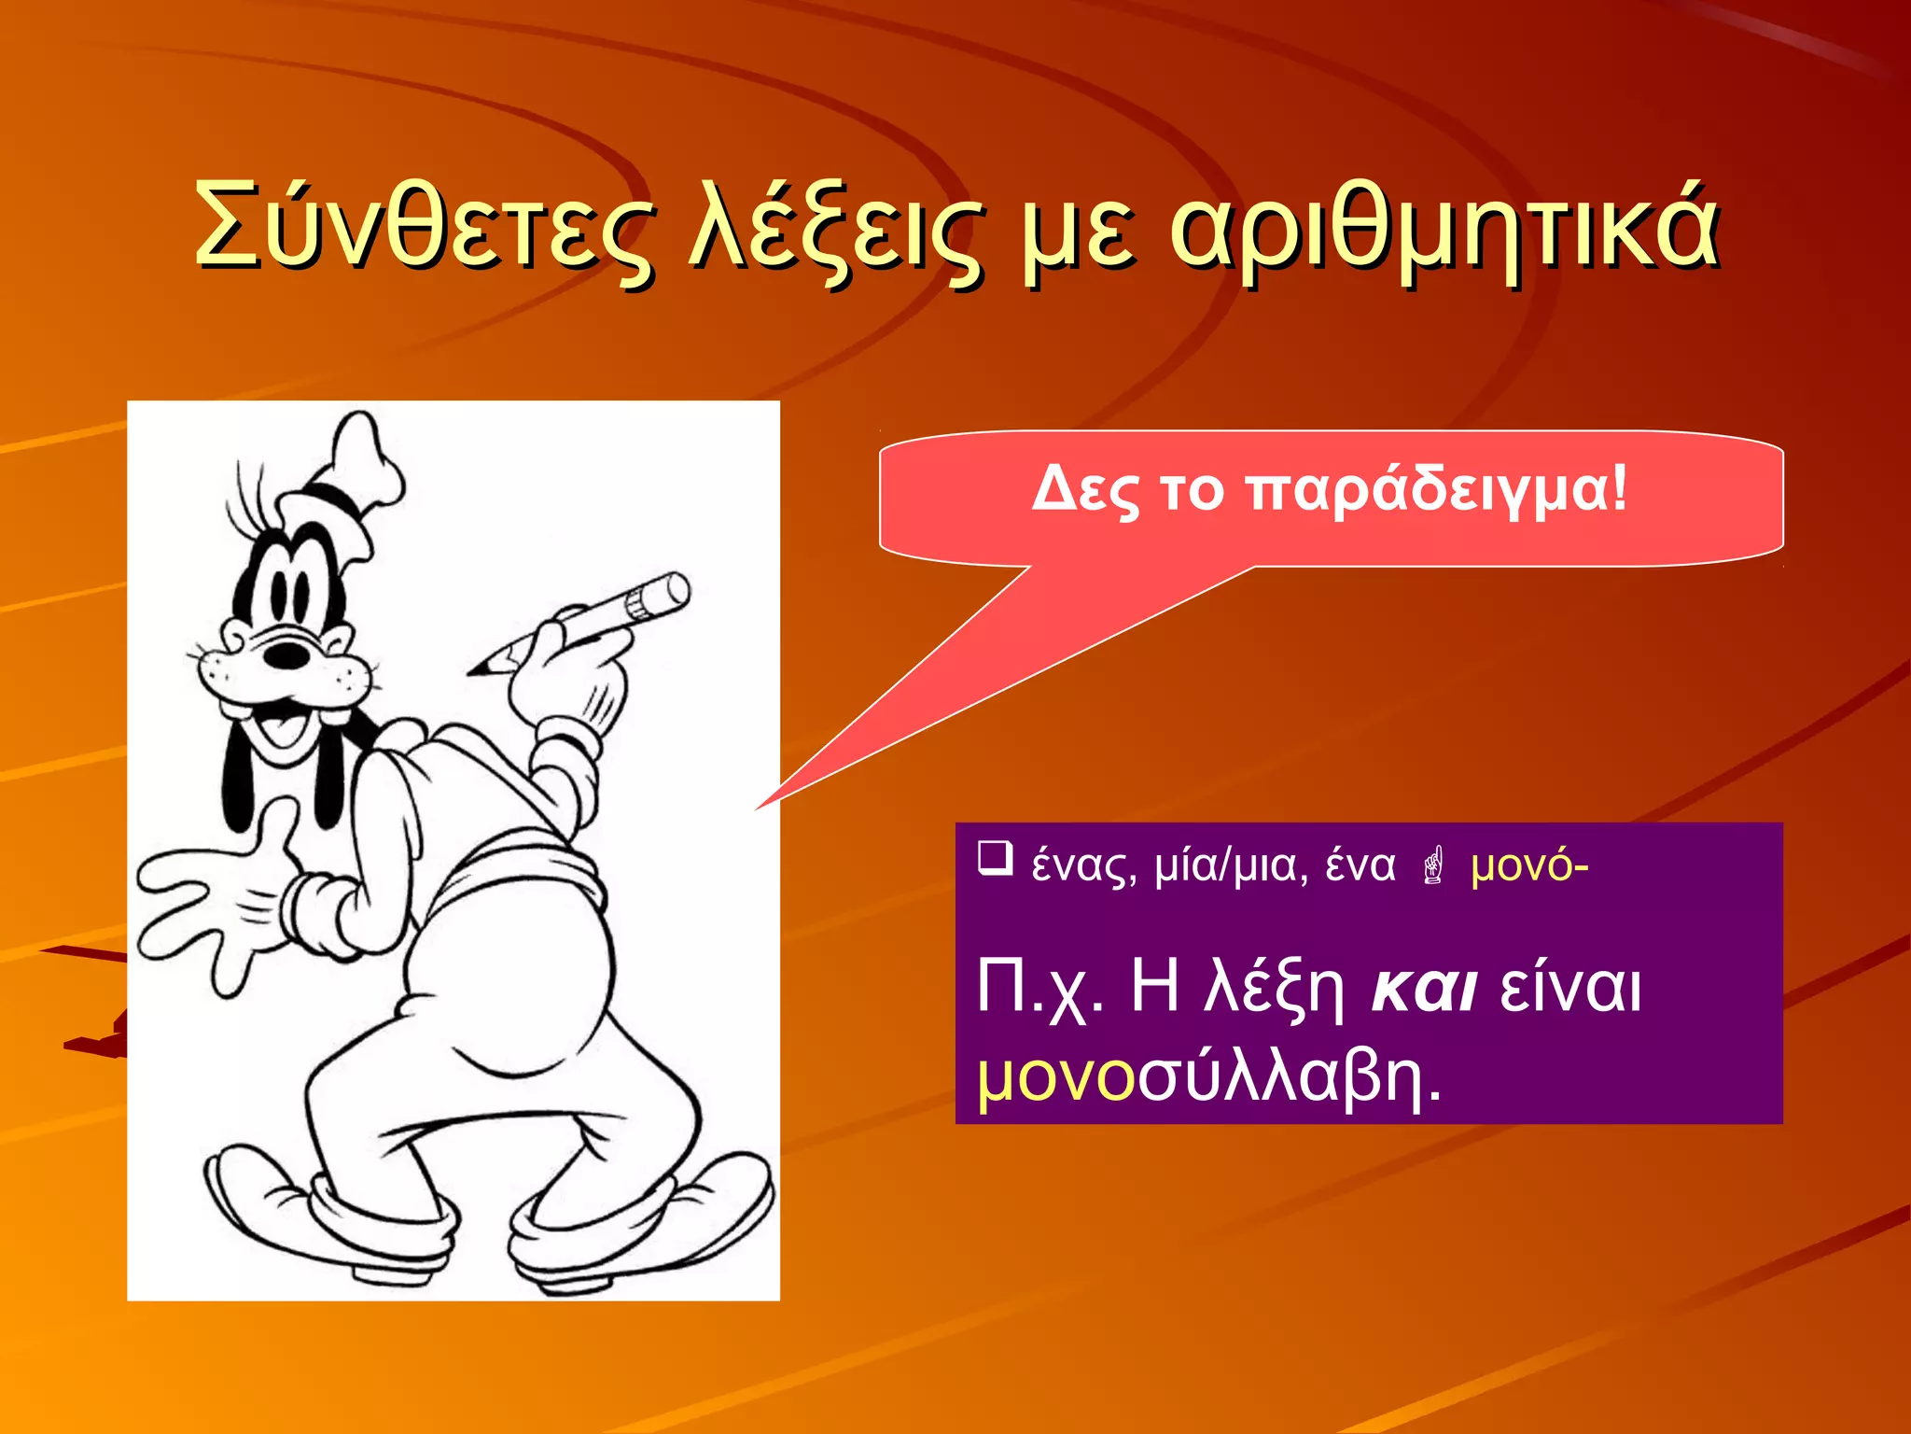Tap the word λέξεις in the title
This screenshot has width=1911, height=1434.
point(836,229)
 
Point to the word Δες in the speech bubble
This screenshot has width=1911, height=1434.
point(1084,489)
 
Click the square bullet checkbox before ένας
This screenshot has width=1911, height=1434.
point(995,859)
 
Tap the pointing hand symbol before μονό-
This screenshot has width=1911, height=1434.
point(1434,865)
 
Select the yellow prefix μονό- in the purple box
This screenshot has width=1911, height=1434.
point(1528,866)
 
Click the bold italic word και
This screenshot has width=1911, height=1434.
point(1424,988)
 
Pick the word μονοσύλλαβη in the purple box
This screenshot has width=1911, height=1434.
point(1208,1076)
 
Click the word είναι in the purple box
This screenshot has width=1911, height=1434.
point(1570,988)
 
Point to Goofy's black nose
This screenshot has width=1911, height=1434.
point(286,654)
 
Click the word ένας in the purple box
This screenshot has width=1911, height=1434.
point(1083,866)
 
